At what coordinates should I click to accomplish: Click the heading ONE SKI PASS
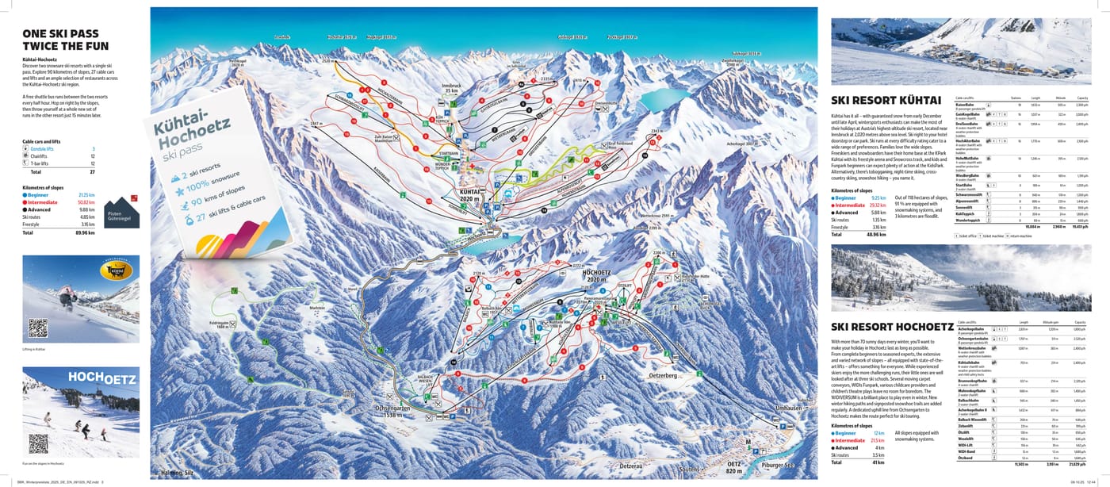(x=60, y=33)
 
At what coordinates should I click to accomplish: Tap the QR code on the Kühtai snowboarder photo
(x=38, y=328)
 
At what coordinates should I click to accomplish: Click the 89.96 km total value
(x=85, y=233)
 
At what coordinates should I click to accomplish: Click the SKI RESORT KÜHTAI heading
(x=886, y=101)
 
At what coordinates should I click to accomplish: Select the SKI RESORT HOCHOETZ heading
(x=892, y=327)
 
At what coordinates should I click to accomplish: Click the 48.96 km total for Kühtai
(x=875, y=235)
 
